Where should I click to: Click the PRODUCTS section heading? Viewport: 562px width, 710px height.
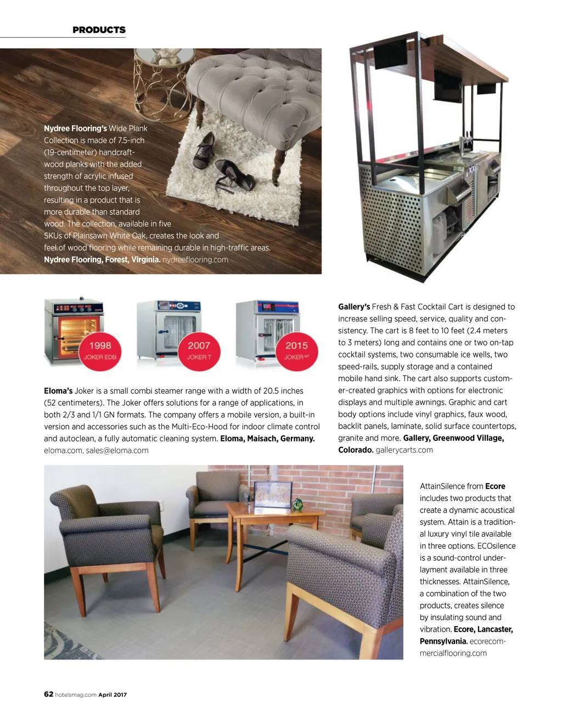99,30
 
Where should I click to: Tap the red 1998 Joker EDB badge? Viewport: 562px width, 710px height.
100,350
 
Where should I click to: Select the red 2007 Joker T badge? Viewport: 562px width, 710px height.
199,350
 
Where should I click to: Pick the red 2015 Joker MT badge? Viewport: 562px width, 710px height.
296,350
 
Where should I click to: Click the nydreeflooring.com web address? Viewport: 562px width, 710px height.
195,259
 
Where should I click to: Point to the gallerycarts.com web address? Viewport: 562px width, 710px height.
404,450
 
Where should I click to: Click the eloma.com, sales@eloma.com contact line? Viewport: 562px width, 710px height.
96,450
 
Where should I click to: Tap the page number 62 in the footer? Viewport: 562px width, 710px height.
48,694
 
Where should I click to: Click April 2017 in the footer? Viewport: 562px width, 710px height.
113,695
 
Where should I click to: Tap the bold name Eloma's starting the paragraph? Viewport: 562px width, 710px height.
58,391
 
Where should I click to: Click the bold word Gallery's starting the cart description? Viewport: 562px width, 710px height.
354,306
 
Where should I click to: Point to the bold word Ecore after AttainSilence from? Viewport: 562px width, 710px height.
495,486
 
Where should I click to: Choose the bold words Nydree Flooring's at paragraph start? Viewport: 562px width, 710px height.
75,128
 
